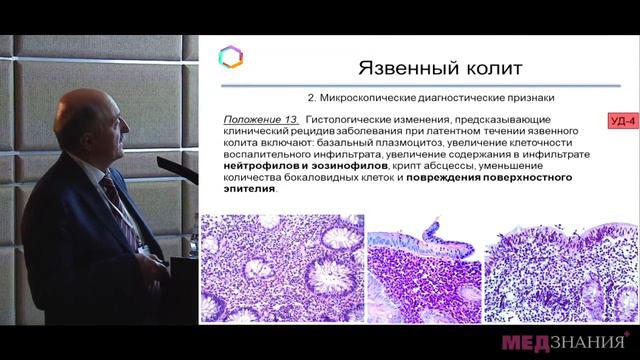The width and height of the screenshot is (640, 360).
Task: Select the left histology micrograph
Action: [x=283, y=268]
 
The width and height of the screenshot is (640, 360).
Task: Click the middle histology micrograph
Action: [x=426, y=268]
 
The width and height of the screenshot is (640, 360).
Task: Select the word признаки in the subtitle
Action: [x=523, y=98]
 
